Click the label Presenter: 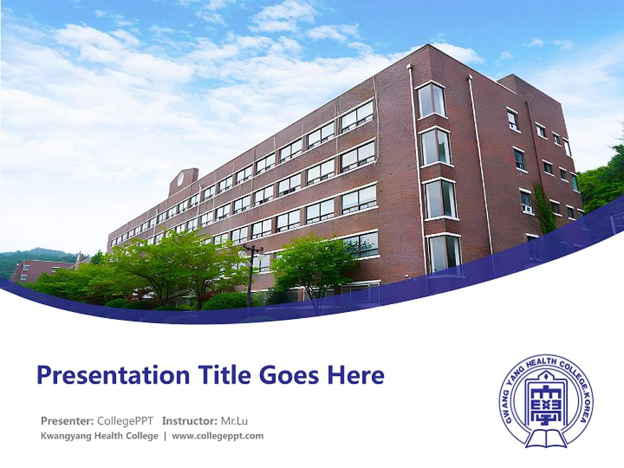point(66,421)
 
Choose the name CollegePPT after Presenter point(125,421)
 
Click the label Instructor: point(190,421)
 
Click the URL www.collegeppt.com point(218,435)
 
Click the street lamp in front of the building point(250,273)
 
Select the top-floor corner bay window point(431,100)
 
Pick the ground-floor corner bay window point(445,252)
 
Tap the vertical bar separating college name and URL point(165,435)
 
